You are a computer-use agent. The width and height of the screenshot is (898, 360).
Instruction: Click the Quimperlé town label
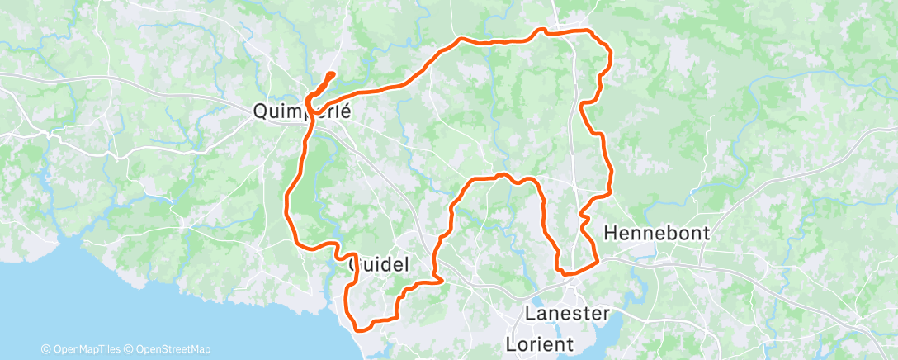[301, 111]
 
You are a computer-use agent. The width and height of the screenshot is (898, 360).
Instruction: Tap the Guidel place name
[380, 264]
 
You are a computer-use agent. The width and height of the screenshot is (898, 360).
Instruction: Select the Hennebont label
[657, 234]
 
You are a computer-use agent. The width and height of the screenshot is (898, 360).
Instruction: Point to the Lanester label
[568, 314]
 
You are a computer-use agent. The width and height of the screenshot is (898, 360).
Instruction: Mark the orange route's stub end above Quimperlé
[332, 75]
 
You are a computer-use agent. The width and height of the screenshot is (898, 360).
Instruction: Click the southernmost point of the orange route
[360, 329]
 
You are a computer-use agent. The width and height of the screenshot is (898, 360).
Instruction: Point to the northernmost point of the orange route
[542, 30]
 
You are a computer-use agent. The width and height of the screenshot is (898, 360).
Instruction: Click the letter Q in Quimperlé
[261, 111]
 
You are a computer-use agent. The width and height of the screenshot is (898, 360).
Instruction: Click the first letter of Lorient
[510, 340]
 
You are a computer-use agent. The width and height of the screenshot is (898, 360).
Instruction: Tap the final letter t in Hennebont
[706, 234]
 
